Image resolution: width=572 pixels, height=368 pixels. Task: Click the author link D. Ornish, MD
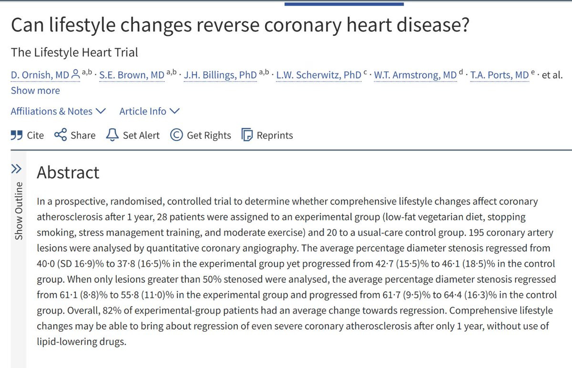pos(40,75)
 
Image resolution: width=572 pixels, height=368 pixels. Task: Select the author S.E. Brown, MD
pos(132,75)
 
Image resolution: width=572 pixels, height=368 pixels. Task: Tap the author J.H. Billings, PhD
pos(220,75)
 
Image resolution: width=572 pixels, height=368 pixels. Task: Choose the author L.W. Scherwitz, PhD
pos(319,75)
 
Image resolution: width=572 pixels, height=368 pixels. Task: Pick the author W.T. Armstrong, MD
pos(415,75)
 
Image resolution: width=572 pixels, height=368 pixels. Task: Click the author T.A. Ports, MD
pos(499,75)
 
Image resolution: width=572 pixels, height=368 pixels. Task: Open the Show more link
pos(35,90)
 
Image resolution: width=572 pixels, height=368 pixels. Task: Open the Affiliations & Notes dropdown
pos(58,111)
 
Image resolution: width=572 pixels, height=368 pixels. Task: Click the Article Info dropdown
pos(149,111)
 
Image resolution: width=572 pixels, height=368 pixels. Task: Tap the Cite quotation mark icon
pos(17,135)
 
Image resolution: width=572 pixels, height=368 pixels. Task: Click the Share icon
pos(61,135)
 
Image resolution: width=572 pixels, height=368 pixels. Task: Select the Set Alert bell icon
pos(112,135)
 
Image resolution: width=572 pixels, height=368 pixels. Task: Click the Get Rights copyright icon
pos(176,135)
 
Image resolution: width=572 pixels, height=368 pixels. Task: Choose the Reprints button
pos(267,135)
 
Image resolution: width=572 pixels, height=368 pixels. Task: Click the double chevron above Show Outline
pos(16,169)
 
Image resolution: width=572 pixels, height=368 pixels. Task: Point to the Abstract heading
pos(68,172)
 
